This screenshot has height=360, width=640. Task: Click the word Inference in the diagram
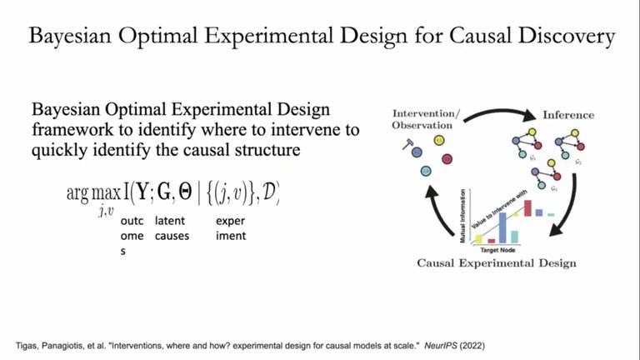click(568, 114)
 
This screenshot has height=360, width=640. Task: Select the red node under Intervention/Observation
click(447, 158)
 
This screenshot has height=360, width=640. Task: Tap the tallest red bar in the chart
click(527, 208)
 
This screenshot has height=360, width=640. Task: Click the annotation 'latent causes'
click(172, 228)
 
